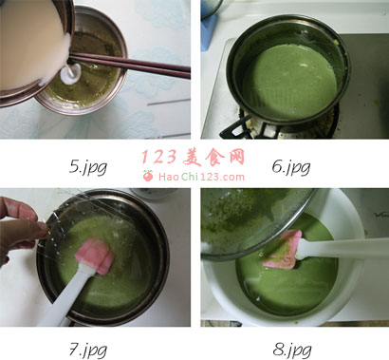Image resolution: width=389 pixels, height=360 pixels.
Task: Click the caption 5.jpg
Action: click(88, 167)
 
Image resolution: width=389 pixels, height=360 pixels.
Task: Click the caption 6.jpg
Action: click(291, 167)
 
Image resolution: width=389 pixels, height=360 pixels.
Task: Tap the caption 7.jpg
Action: click(88, 351)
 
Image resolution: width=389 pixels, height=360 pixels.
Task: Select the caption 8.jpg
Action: click(292, 351)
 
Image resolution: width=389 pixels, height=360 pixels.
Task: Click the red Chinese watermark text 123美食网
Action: click(193, 158)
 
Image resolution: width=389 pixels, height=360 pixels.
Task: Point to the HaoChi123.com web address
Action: click(201, 177)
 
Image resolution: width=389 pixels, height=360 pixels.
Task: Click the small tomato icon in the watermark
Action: click(148, 176)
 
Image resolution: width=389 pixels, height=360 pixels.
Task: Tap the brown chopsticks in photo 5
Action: click(130, 65)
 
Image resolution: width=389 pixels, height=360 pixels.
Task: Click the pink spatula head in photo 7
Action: click(95, 256)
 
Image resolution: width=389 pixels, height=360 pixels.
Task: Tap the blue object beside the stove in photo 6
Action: click(210, 31)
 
